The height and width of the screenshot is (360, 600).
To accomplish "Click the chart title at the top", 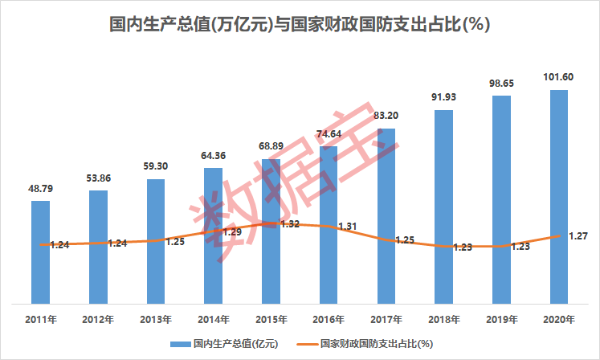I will point(300,24).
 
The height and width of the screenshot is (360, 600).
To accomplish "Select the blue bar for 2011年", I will point(40,252).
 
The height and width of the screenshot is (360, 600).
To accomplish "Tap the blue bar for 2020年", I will point(559,197).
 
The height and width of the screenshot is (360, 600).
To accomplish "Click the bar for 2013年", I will point(156,241).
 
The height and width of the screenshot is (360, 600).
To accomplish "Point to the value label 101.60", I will point(559,78).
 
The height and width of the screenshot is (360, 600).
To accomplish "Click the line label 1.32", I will point(291,224).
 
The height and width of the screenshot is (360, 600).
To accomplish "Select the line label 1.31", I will point(347,227).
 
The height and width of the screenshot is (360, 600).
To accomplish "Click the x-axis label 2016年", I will point(329,319).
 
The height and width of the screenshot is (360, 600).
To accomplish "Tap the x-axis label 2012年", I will point(98,319).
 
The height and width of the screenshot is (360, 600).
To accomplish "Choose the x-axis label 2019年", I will point(501,319).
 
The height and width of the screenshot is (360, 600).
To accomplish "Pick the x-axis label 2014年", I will point(214,319).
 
